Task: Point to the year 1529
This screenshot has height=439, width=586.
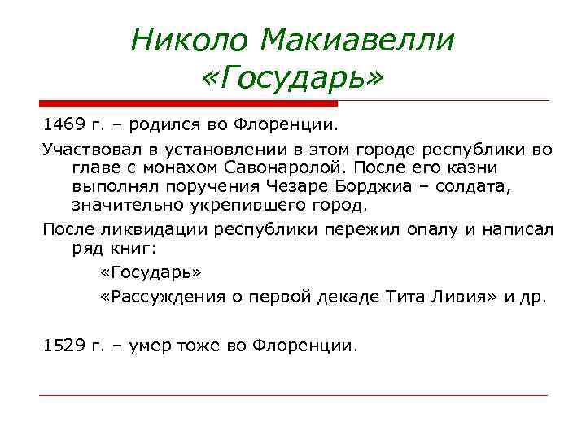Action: [63, 346]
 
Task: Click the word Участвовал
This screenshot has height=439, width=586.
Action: [87, 150]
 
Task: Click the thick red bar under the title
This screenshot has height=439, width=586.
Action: [188, 104]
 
